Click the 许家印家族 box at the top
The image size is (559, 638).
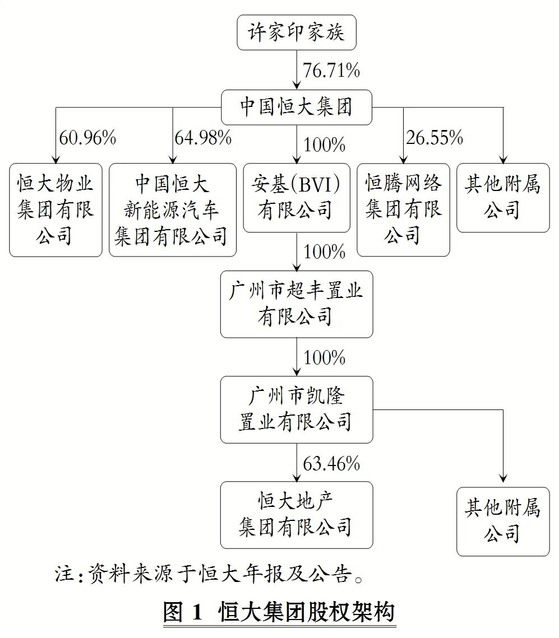pos(297,32)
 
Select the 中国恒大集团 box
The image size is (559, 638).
pos(297,108)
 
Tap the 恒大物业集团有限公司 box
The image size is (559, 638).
pos(56,210)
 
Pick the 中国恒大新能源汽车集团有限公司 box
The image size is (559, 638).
pos(173,210)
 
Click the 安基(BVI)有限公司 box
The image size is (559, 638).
pos(297,198)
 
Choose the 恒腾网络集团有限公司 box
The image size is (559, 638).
pos(403,210)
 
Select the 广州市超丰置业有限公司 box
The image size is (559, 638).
pos(297,304)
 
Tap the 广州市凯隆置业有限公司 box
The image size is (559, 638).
pos(297,409)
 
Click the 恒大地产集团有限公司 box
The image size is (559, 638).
pos(297,515)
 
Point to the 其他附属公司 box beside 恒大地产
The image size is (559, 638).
pos(503,521)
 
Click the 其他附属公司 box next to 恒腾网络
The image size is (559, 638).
pos(503,198)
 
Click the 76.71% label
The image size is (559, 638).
pos(331,71)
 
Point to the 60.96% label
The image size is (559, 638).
pos(87,138)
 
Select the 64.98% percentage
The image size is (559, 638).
pos(203,138)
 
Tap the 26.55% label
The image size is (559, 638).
pos(435,138)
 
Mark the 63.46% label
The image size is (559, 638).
pos(331,464)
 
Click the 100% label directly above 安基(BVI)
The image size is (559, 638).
pos(325,145)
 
